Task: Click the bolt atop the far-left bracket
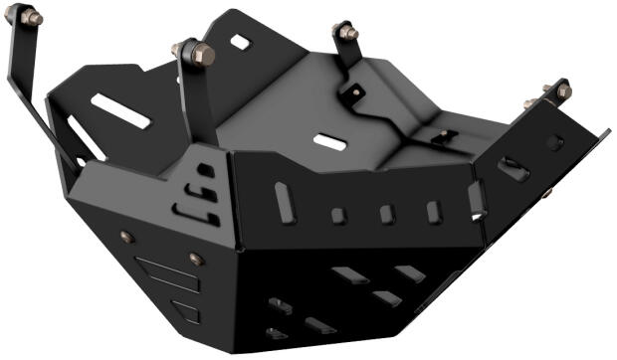pyautogui.click(x=31, y=17)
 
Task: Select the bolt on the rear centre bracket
pyautogui.click(x=347, y=32)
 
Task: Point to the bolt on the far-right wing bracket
pyautogui.click(x=559, y=91)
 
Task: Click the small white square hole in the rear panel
pyautogui.click(x=240, y=43)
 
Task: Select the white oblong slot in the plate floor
pyautogui.click(x=329, y=141)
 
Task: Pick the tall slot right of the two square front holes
pyautogui.click(x=433, y=212)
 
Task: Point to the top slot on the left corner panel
pyautogui.click(x=205, y=170)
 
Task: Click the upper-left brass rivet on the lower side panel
pyautogui.click(x=126, y=237)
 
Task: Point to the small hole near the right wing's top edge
pyautogui.click(x=554, y=143)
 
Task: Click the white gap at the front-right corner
pyautogui.click(x=476, y=200)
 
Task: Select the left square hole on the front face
pyautogui.click(x=338, y=215)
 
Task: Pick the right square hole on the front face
pyautogui.click(x=386, y=214)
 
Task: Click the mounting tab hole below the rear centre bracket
pyautogui.click(x=354, y=97)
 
